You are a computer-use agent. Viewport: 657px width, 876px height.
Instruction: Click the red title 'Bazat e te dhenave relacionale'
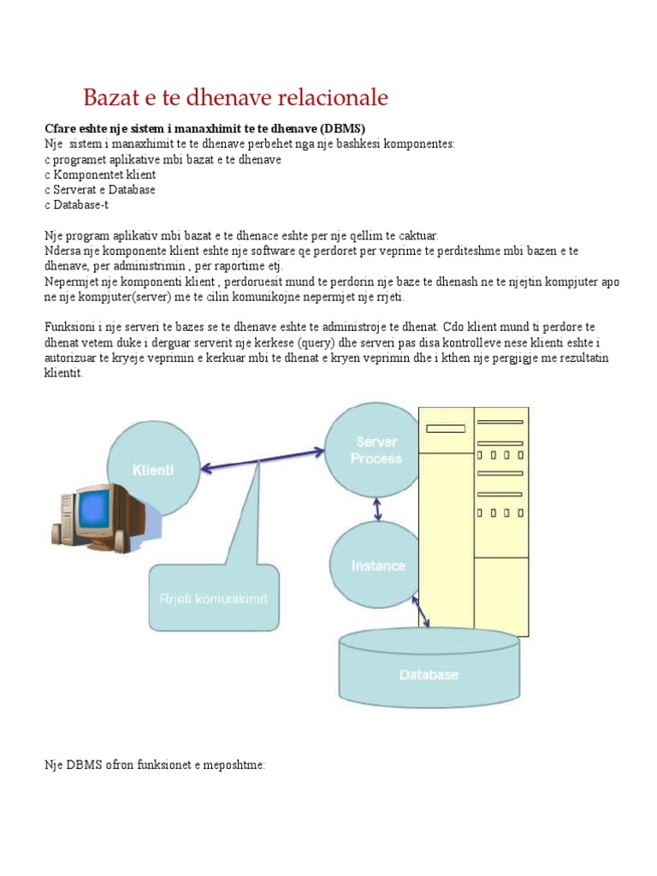(x=235, y=98)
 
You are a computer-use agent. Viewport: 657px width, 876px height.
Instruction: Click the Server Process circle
(x=376, y=451)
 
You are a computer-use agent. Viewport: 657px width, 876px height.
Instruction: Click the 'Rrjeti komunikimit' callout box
(x=212, y=599)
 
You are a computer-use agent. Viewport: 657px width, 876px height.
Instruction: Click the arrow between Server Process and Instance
(x=378, y=509)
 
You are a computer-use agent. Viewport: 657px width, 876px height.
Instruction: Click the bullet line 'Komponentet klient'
(x=100, y=175)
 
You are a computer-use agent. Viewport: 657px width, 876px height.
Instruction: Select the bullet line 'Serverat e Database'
(x=100, y=190)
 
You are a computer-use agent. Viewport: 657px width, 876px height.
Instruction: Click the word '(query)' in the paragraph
(x=319, y=343)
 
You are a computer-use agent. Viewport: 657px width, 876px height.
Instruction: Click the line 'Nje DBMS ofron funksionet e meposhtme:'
(x=155, y=765)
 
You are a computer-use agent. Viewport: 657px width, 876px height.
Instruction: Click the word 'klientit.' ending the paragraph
(x=64, y=374)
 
